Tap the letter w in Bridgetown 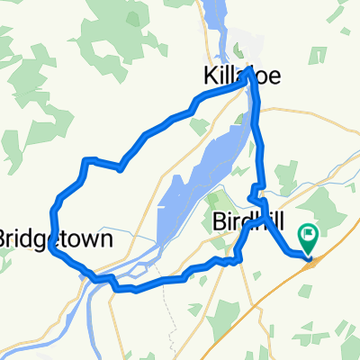point(89,240)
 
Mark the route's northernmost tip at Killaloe point(247,68)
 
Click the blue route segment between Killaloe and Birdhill point(259,144)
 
